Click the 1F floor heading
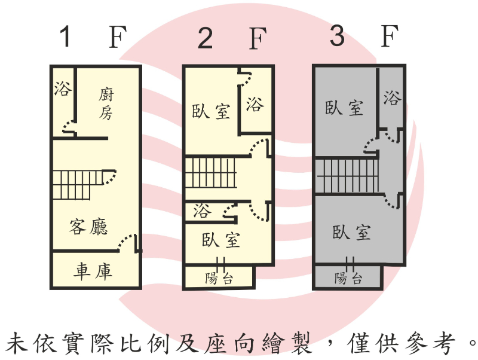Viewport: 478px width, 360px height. coord(93,38)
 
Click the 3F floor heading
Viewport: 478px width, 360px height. coord(363,37)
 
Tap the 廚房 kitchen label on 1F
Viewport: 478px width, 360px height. coord(106,103)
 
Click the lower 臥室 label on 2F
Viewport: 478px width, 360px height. coord(221,240)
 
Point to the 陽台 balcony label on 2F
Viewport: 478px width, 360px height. coord(219,278)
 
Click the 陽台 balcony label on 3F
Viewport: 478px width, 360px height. coord(348,278)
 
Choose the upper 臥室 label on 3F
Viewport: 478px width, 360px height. coord(344,108)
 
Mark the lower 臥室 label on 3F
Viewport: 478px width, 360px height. coord(351,233)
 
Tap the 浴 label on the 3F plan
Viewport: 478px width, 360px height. coord(391,97)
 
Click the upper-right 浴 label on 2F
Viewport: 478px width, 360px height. coord(255,105)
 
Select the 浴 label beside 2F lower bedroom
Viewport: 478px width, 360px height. coord(202,210)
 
